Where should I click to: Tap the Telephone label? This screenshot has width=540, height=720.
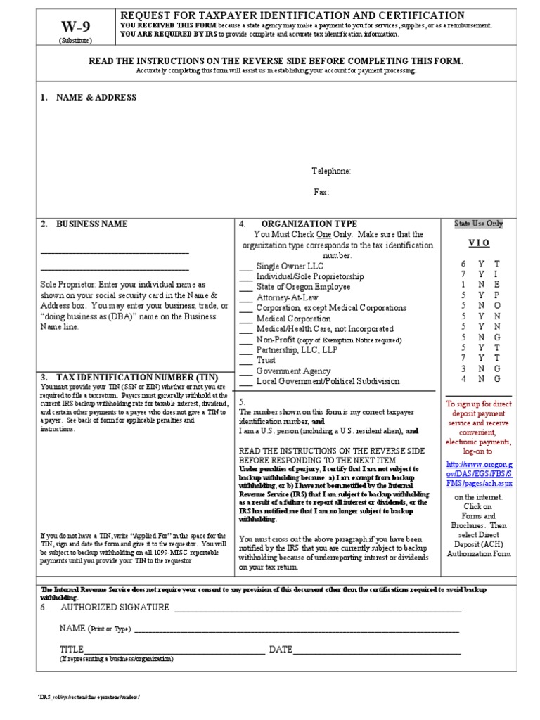coord(331,171)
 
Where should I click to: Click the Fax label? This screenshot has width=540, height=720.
coord(321,191)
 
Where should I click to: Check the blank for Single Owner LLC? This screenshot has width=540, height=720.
coord(246,266)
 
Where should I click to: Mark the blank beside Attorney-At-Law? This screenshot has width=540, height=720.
coord(246,297)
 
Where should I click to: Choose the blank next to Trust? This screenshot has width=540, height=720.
coord(246,360)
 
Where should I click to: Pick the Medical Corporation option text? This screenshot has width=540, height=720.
coord(293,319)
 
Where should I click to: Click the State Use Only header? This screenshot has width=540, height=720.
coord(478,224)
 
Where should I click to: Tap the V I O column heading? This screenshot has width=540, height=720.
coord(478,242)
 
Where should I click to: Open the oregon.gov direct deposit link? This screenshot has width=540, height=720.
coord(480,475)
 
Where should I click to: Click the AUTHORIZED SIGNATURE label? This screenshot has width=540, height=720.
coord(115,607)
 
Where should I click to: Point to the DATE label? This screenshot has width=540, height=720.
coord(281,650)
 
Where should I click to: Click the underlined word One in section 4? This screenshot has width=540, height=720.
coord(324,234)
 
